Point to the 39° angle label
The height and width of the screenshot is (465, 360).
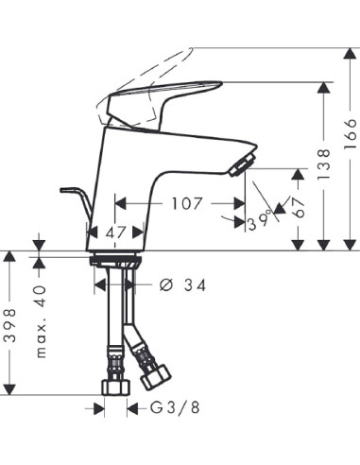tap(259, 220)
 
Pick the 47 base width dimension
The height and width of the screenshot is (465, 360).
tap(116, 231)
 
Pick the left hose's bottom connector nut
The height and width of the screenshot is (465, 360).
tap(114, 386)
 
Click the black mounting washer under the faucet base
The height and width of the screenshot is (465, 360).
tap(115, 258)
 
